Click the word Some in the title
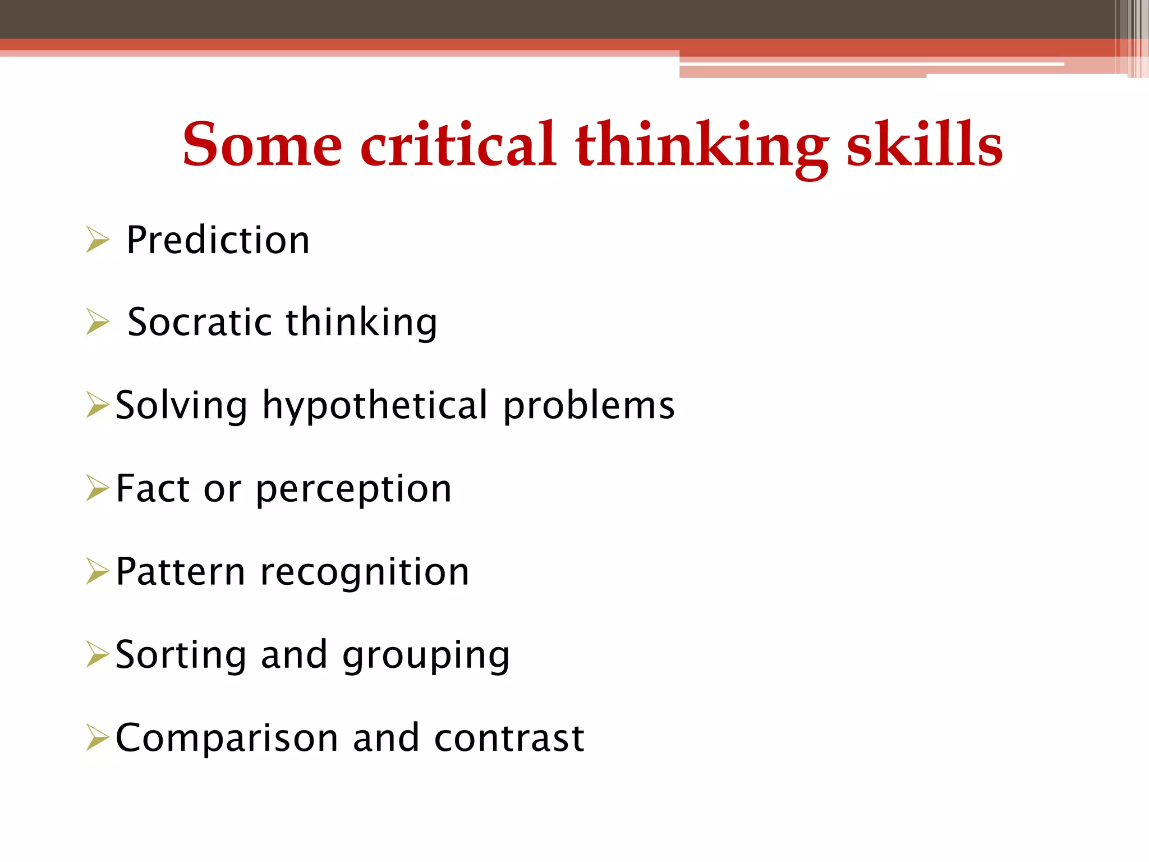point(262,145)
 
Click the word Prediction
point(218,240)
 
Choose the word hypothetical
point(375,405)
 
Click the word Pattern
point(180,571)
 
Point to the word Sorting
point(181,655)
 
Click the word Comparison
point(227,737)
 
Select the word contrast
point(509,737)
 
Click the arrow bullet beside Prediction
point(98,240)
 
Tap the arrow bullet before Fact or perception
point(98,488)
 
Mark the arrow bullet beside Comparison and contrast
point(98,737)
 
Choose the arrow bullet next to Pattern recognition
point(98,571)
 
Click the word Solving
point(181,405)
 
